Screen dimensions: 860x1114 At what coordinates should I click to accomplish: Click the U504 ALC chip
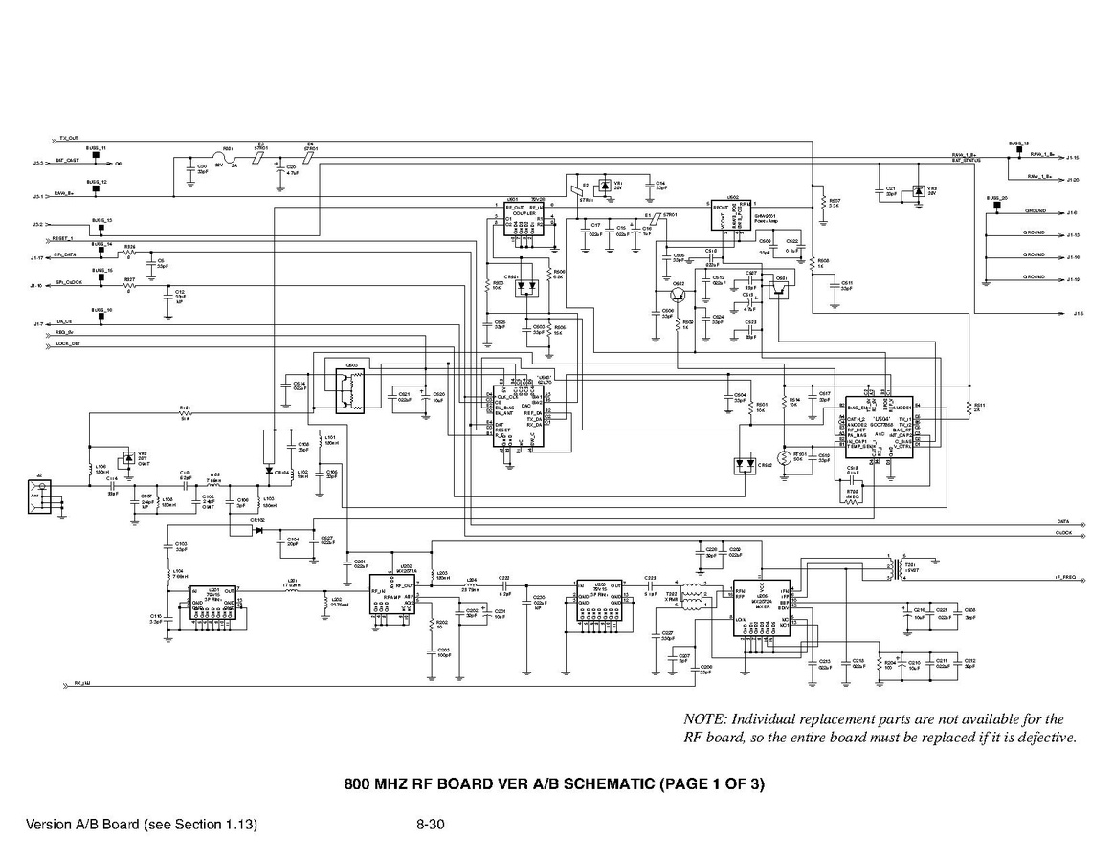(x=880, y=426)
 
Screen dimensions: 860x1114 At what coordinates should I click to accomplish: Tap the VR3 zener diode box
(x=918, y=192)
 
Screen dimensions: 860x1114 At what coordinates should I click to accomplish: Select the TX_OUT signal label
(x=70, y=138)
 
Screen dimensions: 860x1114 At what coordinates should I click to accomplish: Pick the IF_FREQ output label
(x=1064, y=578)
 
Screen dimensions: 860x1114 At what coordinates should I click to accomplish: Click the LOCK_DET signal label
(x=69, y=342)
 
